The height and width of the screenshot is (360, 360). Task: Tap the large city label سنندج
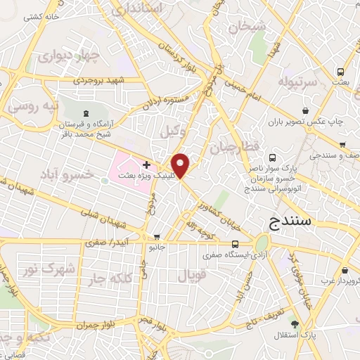pyautogui.click(x=292, y=223)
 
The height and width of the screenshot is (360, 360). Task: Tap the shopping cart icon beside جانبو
pyautogui.click(x=157, y=236)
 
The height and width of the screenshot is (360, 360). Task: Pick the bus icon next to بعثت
pyautogui.click(x=341, y=72)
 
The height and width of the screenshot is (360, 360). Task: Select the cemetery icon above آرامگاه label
pyautogui.click(x=85, y=113)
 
